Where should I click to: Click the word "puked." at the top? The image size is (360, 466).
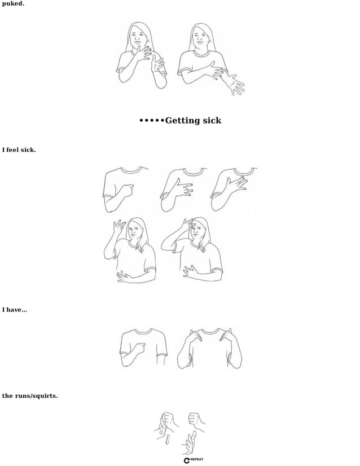point(13,3)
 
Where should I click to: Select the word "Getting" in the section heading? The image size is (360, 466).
point(185,121)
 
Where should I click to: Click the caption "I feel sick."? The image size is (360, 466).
point(19,150)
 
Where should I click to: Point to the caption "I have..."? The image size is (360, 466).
point(14,310)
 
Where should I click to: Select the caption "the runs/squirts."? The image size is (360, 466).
point(29,395)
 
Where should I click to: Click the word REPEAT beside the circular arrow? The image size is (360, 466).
point(197,460)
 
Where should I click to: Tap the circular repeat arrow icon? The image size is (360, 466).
point(187,460)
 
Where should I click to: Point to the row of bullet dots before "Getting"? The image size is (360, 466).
point(151,121)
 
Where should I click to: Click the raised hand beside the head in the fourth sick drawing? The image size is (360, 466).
point(119,228)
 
